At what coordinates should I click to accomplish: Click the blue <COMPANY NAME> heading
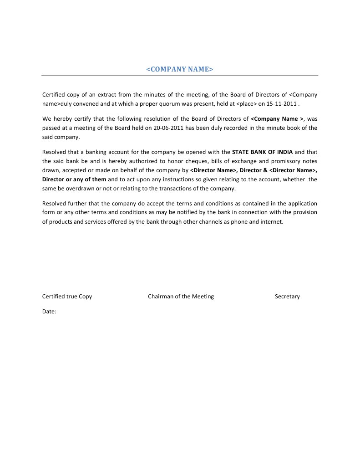(179, 69)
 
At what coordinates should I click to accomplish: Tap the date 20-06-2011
(165, 128)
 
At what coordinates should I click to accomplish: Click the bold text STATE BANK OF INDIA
(262, 152)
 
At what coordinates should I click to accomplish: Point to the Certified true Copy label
(67, 297)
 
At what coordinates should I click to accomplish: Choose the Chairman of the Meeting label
(181, 297)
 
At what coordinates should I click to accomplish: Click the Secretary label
(287, 297)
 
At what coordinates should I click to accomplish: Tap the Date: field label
(49, 312)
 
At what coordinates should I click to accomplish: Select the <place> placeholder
(247, 104)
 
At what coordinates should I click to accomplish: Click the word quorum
(170, 104)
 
